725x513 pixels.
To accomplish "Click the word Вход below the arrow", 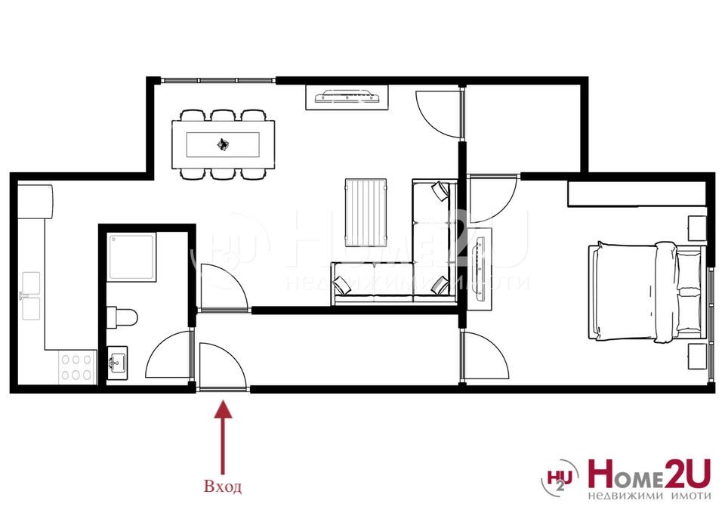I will [x=223, y=487].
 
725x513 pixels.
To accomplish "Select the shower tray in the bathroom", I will [x=132, y=257].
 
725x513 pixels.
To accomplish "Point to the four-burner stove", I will [x=76, y=367].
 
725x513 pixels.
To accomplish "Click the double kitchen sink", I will [x=31, y=295].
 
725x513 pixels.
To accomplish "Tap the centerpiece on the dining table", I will [x=223, y=144].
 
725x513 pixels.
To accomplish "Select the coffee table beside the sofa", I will [x=366, y=212].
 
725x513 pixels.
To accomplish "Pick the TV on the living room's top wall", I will [x=347, y=97].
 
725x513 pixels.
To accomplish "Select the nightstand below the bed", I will [x=696, y=356].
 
